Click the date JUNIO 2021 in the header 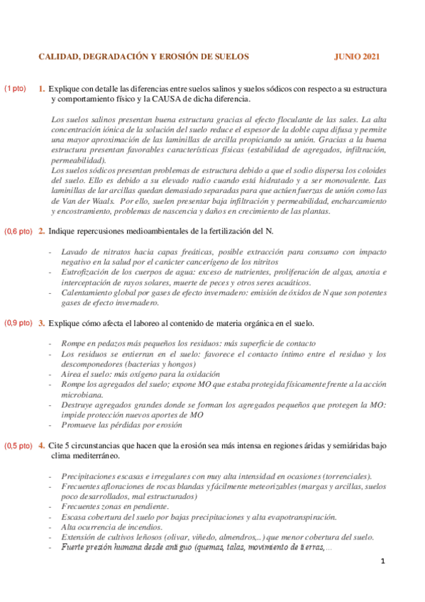click(357, 56)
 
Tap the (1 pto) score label click(15, 89)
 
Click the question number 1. click(42, 89)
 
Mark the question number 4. click(42, 446)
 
